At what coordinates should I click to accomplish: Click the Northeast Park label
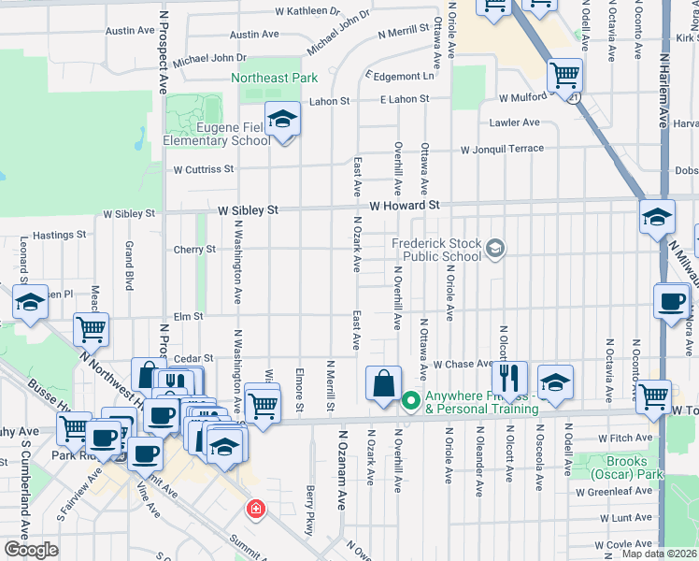pos(275,79)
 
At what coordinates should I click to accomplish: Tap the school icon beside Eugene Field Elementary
pos(281,120)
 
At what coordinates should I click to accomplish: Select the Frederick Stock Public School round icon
pos(495,249)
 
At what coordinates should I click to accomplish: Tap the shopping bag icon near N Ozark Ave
pos(384,382)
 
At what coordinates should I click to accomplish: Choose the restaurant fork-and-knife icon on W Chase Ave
pos(508,378)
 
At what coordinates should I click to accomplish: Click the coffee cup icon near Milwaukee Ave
pos(672,301)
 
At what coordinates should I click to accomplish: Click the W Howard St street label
pos(404,205)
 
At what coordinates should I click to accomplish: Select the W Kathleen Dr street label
pos(308,12)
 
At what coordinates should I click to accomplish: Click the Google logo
pos(31,550)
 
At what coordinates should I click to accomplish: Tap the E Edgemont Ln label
pos(401,76)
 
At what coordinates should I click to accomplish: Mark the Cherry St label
pos(194,250)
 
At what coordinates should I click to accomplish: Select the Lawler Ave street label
pos(514,122)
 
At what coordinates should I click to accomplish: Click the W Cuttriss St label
pos(203,170)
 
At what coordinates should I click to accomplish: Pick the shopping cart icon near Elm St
pos(91,328)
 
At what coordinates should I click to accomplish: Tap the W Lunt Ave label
pos(625,517)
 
